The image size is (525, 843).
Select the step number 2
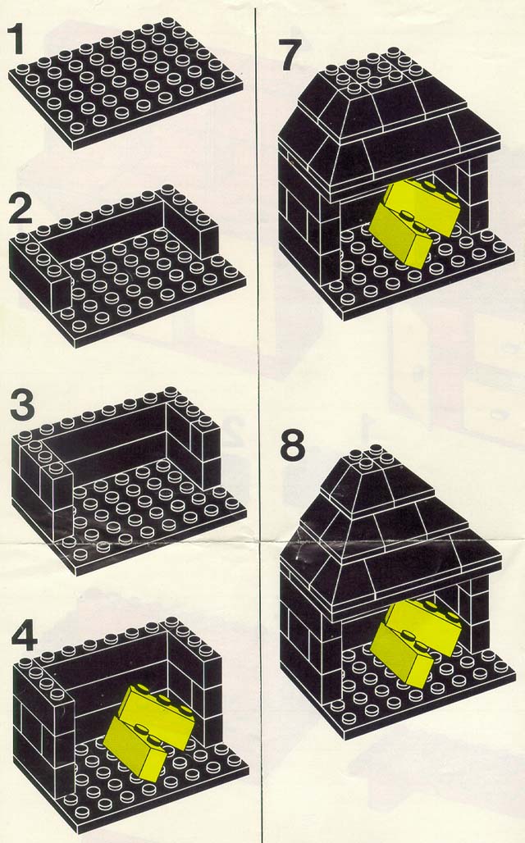click(x=21, y=210)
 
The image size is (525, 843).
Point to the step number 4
click(x=25, y=637)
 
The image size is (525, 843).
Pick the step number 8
click(x=293, y=446)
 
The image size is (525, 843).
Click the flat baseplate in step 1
click(x=126, y=84)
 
